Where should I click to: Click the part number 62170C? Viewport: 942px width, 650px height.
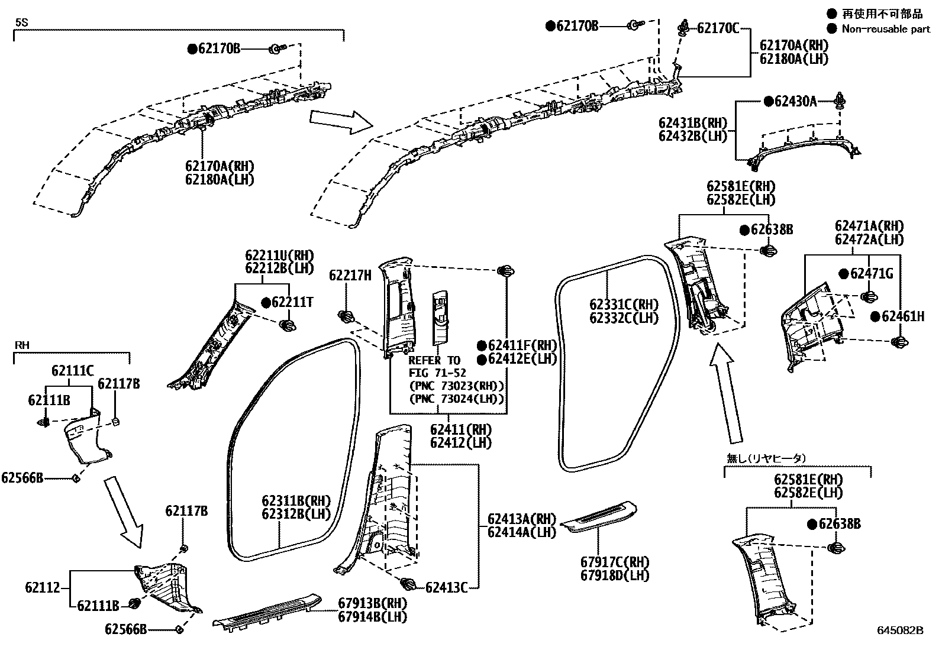(718, 28)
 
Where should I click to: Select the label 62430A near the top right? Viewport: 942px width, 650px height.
(795, 102)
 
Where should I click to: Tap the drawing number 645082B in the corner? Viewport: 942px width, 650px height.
(900, 630)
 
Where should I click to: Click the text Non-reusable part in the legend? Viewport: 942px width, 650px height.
(886, 28)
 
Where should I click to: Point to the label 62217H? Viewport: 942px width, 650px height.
(350, 275)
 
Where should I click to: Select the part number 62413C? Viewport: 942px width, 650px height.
(447, 587)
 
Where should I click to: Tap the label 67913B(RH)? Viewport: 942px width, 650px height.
(373, 603)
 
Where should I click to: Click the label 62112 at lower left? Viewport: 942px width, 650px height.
(42, 588)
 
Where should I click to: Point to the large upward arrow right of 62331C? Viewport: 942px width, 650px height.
(727, 393)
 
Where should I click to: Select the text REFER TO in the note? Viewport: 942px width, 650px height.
(434, 360)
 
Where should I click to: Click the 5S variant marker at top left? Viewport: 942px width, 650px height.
(21, 22)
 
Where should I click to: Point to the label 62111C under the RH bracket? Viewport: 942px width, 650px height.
(72, 371)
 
